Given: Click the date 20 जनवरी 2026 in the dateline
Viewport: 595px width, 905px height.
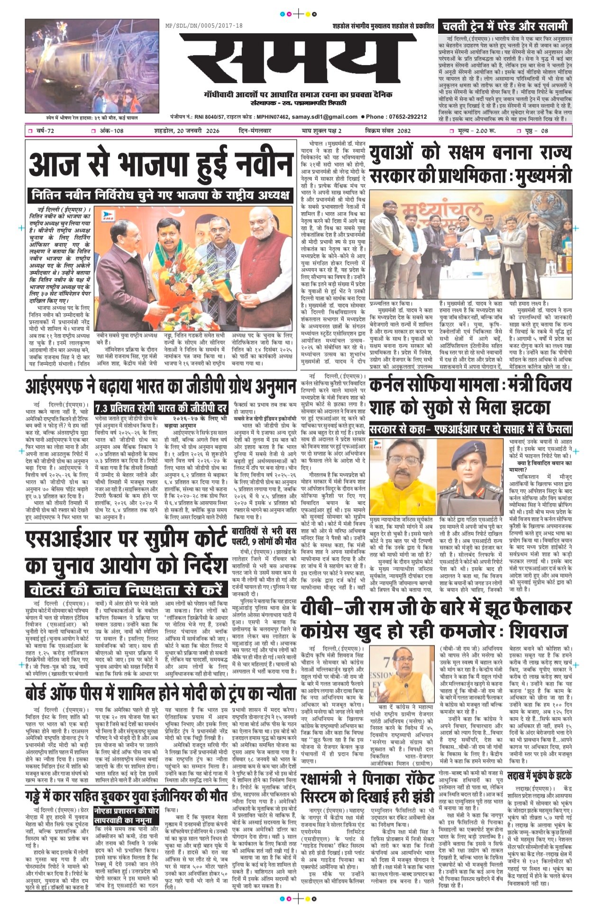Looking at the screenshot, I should point(187,131).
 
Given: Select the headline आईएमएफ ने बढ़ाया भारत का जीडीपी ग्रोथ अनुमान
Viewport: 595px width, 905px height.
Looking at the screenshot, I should point(161,386).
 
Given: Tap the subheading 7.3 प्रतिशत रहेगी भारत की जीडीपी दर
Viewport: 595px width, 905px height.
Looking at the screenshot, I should point(161,408).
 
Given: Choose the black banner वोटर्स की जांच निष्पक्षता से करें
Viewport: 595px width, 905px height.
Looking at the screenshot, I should point(125,589).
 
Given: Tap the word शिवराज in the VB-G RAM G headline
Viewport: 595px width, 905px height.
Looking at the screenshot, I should point(538,631).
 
